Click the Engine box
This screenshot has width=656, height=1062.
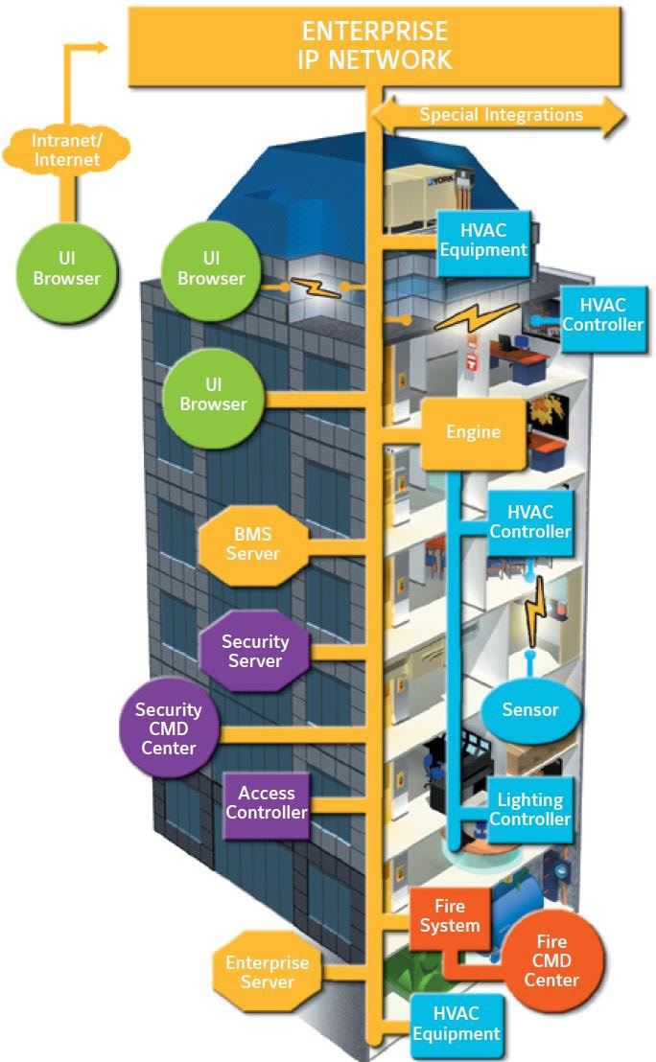tap(474, 432)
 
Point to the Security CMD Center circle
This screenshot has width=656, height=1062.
tap(168, 728)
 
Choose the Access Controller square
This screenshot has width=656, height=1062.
tap(267, 803)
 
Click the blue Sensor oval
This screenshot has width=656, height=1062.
tap(530, 710)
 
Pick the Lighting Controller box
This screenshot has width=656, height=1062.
tap(530, 808)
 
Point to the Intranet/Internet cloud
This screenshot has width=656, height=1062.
tap(67, 150)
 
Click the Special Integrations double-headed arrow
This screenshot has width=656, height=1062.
tap(500, 115)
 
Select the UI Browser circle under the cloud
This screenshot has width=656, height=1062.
tap(67, 267)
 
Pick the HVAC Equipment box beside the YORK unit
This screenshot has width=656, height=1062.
tap(482, 240)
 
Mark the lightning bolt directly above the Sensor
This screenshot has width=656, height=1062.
tap(529, 614)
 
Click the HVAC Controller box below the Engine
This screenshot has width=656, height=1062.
tap(530, 521)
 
